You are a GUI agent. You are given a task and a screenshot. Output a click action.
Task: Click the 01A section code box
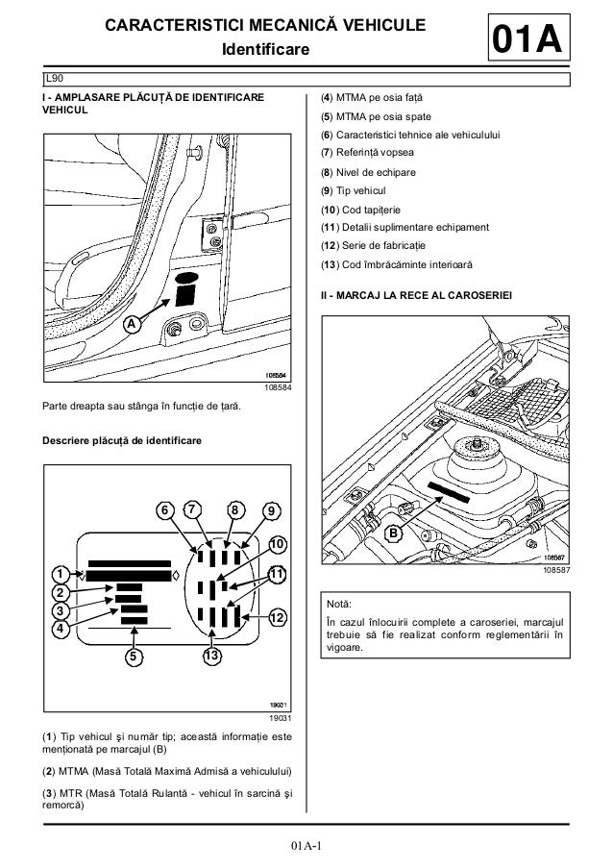[526, 41]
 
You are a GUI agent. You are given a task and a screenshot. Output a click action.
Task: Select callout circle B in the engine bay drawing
[393, 532]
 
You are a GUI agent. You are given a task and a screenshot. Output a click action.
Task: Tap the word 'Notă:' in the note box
[341, 605]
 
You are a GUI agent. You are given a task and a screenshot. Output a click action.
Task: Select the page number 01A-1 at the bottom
[306, 846]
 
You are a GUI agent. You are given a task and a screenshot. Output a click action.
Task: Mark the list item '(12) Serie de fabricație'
[381, 246]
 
